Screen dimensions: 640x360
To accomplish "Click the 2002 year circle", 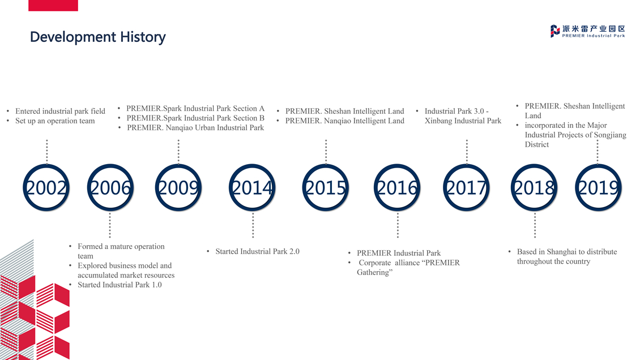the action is coord(46,164).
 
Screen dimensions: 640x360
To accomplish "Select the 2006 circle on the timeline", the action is coord(110,164).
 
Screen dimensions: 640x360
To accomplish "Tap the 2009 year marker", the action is coord(178,164).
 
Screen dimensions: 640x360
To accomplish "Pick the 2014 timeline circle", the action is coord(252,164).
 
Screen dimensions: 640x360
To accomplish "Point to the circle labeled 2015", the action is coord(326,164).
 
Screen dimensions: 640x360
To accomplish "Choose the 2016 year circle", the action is coord(397,164).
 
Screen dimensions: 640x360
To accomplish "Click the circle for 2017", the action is coord(467,164).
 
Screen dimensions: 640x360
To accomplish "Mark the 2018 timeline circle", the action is coord(534,164).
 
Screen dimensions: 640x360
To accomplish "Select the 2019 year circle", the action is coord(598,164).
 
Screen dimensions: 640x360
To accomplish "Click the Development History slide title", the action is coord(98,37).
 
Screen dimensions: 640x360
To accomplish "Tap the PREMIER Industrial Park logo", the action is coord(587,31).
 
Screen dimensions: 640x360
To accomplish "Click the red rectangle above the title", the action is coord(53,5).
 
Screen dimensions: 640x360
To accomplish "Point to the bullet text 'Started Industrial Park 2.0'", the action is coord(258,251).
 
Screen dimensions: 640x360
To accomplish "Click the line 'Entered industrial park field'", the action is coord(61,111).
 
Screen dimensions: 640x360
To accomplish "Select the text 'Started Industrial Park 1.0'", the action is coord(120,285).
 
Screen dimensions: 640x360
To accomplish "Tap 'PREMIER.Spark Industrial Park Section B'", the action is coord(195,118).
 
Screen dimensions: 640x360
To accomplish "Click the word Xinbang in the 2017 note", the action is coord(438,121).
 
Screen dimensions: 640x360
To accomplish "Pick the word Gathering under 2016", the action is coord(373,272).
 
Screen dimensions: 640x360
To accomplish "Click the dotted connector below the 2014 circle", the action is coord(253,225).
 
